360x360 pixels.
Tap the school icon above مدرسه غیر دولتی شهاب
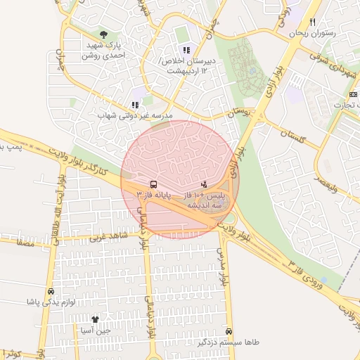pos(136,105)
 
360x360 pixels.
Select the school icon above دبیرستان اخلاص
pos(186,50)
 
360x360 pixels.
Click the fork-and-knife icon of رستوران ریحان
pos(313,22)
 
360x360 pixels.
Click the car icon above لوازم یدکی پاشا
pos(51,291)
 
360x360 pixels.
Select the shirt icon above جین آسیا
pos(96,319)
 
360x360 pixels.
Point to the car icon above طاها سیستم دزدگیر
pos(229,331)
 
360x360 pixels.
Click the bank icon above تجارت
pos(352,94)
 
